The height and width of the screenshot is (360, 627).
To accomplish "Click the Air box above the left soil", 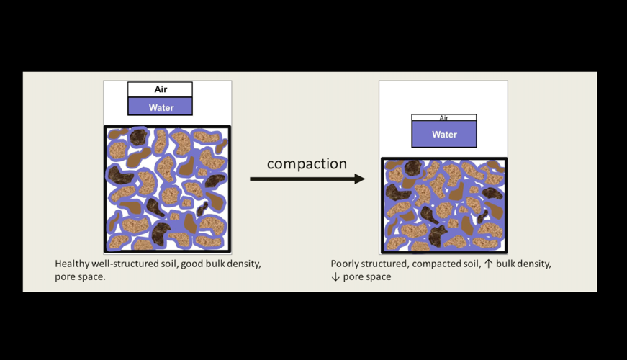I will [160, 89].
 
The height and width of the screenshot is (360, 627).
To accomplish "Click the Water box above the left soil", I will [161, 107].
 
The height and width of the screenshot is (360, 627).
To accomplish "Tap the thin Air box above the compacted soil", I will [443, 118].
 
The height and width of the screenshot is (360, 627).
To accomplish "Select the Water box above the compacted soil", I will [443, 134].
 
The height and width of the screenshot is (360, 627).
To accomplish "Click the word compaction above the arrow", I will [307, 164].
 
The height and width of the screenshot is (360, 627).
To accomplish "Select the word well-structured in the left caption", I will [126, 264].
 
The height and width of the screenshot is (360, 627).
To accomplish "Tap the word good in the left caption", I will [193, 264].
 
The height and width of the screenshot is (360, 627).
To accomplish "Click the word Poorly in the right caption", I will [347, 264].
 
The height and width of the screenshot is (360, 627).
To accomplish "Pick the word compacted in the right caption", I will [436, 264].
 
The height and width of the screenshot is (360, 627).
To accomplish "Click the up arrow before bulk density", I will [488, 264].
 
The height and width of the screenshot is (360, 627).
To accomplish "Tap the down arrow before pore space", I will [335, 276].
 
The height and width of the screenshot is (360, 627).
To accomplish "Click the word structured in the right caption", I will [388, 264].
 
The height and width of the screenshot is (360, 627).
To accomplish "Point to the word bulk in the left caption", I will [218, 264].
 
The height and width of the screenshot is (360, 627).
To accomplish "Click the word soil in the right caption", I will [470, 264].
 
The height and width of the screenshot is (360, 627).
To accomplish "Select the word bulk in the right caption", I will [505, 264].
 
